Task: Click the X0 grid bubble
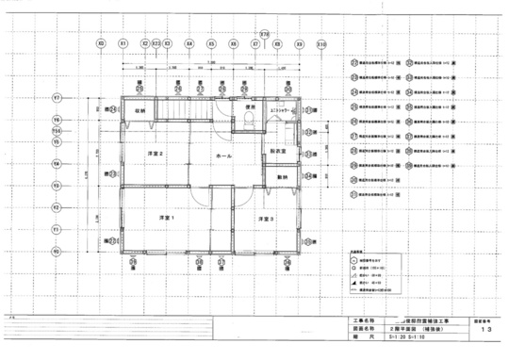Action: point(101,43)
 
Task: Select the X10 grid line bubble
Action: point(321,43)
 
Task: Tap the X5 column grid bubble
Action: point(210,43)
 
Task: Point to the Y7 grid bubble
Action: point(57,98)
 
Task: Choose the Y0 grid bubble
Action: point(57,252)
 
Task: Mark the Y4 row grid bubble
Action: point(57,162)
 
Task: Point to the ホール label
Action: point(223,155)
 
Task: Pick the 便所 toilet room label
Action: point(251,108)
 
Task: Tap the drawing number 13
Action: point(484,332)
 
